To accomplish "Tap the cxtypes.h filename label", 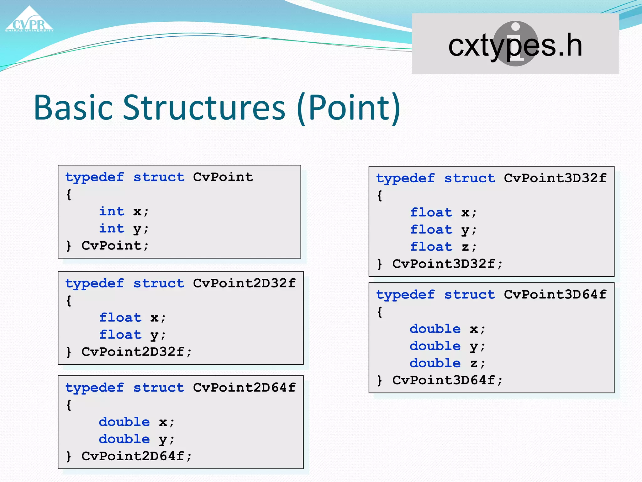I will [515, 46].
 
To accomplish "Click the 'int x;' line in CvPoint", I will [124, 212].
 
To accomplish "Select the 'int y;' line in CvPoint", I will [124, 229].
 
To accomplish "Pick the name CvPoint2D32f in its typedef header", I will [244, 283].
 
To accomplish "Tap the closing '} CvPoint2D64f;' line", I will [129, 456].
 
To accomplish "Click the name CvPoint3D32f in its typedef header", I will [555, 178].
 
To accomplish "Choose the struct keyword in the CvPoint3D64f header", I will [470, 295].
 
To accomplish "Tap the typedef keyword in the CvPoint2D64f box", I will [95, 388].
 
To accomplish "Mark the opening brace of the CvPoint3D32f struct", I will [380, 196].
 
